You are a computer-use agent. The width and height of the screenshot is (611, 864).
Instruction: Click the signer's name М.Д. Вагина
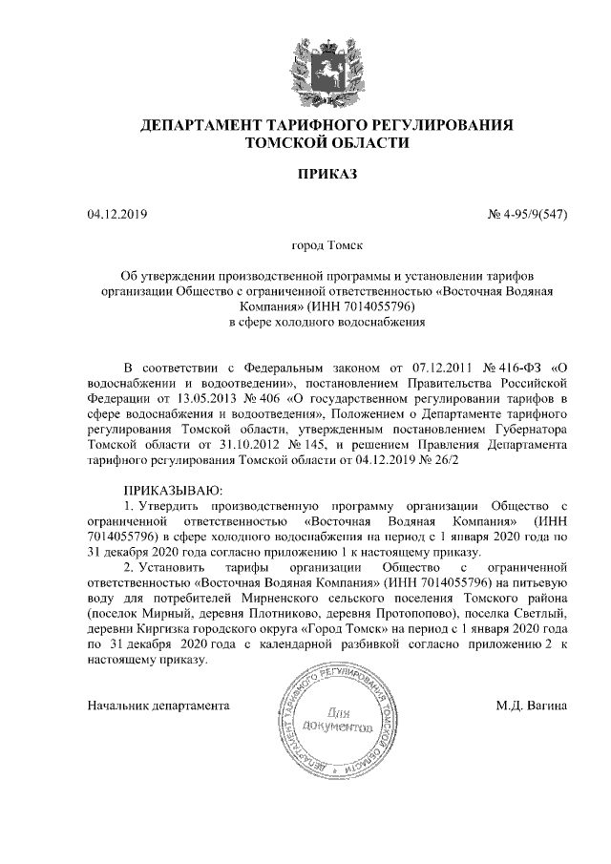532,706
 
